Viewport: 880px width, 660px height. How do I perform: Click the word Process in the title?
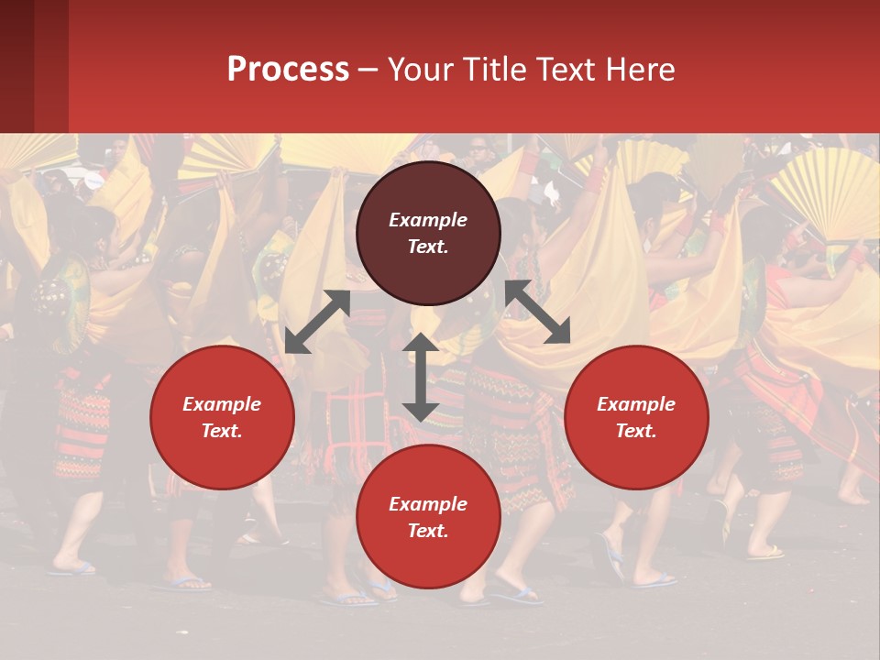288,70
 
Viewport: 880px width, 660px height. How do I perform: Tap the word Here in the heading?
641,70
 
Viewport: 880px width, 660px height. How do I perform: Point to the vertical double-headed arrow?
421,378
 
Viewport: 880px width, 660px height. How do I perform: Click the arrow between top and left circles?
317,322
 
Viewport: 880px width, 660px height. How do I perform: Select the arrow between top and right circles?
537,312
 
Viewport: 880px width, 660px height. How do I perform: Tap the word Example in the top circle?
428,220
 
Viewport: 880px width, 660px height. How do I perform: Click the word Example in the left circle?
222,404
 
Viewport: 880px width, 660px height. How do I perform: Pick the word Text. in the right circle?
636,431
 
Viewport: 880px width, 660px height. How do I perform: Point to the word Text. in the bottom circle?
428,531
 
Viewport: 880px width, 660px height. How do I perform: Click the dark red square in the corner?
34,66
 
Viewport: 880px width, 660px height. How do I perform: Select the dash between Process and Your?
368,71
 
